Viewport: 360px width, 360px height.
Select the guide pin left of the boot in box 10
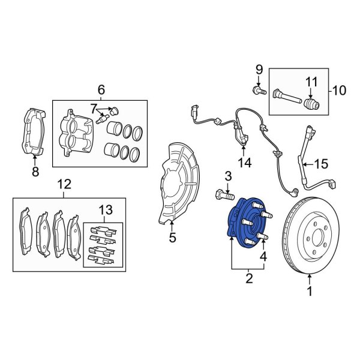click(287, 97)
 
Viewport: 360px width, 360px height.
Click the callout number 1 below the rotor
click(310, 292)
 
